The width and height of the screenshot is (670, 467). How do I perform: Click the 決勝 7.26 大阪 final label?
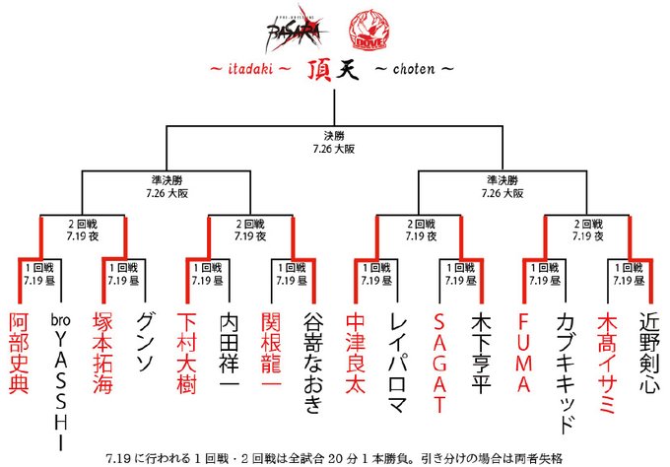click(x=335, y=140)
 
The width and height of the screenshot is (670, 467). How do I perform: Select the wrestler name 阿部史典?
click(x=20, y=355)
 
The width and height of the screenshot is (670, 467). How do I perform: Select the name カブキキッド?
click(x=567, y=372)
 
